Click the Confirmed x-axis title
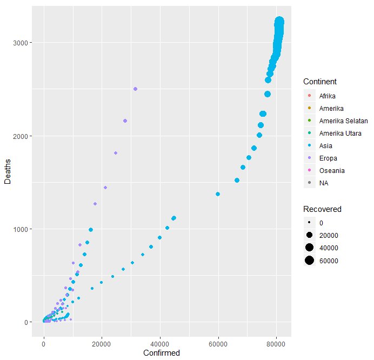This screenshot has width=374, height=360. click(161, 352)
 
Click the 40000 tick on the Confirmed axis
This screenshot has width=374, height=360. click(160, 342)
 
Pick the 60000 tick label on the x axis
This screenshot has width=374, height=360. click(218, 342)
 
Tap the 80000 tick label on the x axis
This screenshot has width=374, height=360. click(276, 342)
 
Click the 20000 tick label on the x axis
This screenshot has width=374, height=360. click(102, 342)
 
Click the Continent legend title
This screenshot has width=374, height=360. click(320, 82)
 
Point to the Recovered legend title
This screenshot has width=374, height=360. click(322, 209)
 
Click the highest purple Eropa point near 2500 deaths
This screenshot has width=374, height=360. click(135, 89)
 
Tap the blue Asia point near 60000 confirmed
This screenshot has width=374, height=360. click(218, 194)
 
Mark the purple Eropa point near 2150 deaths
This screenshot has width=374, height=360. click(125, 121)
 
